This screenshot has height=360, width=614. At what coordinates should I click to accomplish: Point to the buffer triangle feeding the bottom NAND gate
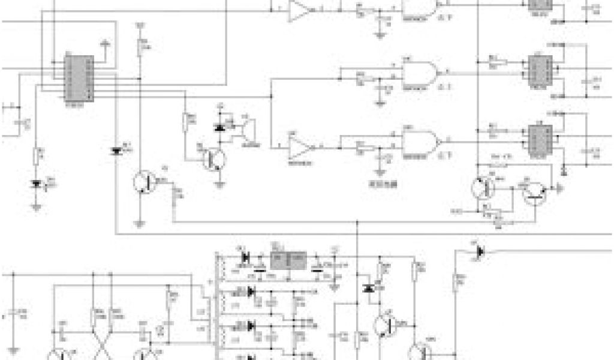[x=300, y=146]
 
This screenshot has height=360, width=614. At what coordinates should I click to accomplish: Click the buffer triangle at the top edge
[x=300, y=11]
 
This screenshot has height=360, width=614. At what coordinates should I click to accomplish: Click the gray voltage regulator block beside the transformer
[x=288, y=260]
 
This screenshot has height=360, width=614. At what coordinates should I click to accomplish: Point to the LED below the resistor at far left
[x=37, y=184]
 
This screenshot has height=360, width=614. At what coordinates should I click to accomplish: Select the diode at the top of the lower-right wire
[x=480, y=251]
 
